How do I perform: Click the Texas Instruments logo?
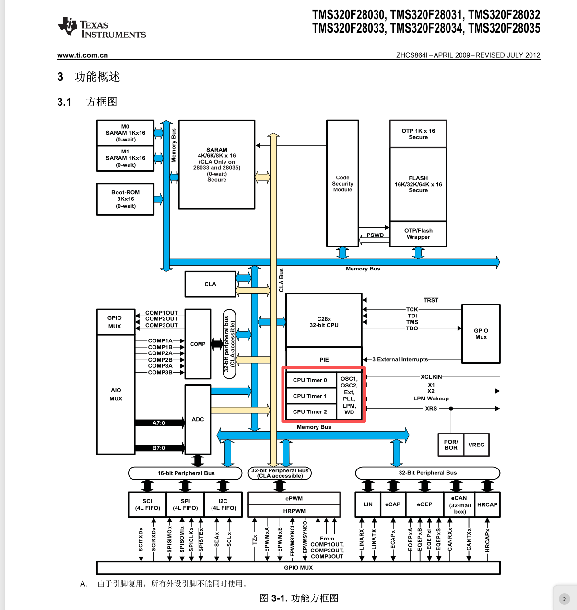[102, 27]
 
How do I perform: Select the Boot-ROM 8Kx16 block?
[125, 199]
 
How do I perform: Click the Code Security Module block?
[342, 184]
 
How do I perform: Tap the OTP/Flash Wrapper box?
[418, 234]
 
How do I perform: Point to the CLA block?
[210, 284]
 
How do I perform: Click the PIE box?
[324, 359]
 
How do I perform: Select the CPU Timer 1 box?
[310, 396]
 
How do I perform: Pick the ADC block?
[198, 419]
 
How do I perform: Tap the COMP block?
[198, 344]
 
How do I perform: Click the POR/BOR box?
[451, 445]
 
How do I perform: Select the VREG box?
[476, 445]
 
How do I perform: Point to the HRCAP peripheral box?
[487, 504]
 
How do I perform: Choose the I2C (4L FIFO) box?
[223, 504]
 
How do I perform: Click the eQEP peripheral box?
[424, 504]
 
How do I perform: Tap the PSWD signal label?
[375, 235]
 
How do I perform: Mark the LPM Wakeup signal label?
[431, 399]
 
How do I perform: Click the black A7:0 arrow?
[159, 423]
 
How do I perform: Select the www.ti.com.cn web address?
[82, 55]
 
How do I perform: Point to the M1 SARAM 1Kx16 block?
[125, 158]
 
